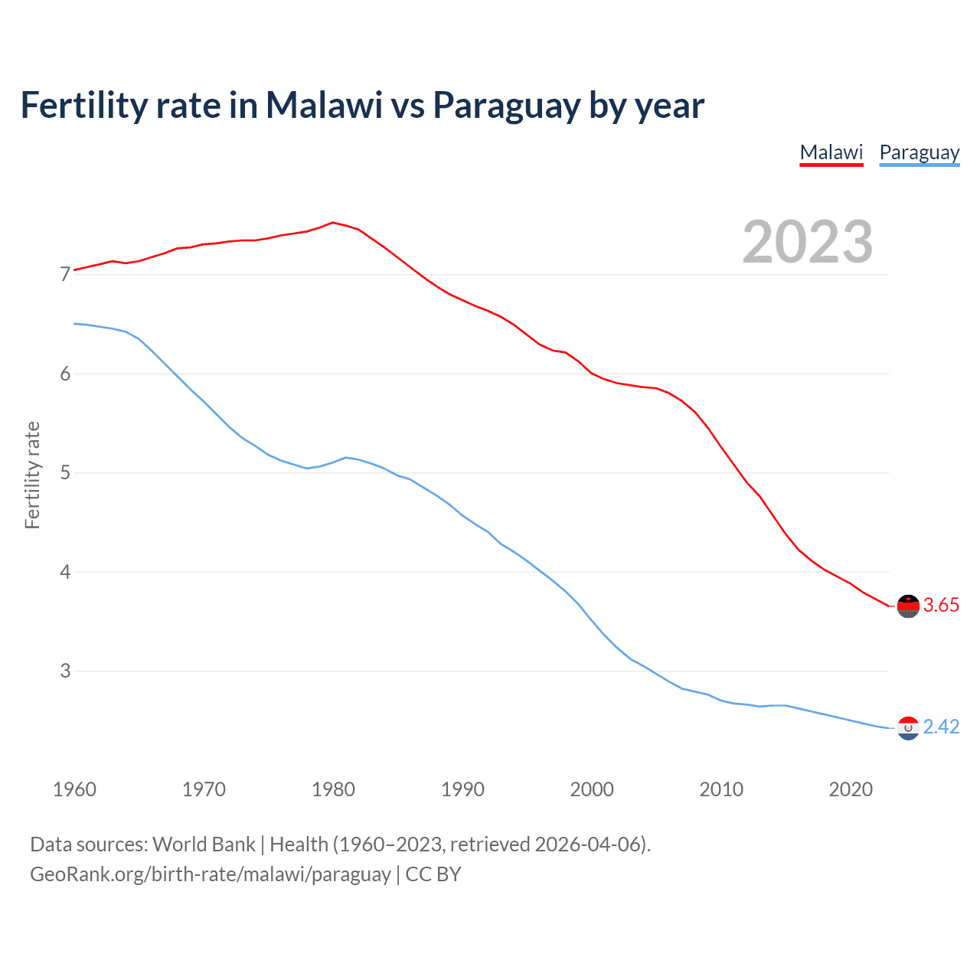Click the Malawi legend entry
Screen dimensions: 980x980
[831, 152]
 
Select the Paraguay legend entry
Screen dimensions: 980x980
[919, 152]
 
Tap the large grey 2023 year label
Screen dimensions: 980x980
[807, 242]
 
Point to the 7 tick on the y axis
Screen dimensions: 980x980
[65, 274]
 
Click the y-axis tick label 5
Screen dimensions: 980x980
[65, 472]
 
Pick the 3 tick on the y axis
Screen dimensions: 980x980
[65, 671]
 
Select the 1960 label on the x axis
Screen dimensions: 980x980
[74, 789]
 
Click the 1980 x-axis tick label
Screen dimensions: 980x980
[333, 789]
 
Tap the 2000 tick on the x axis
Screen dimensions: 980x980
[592, 789]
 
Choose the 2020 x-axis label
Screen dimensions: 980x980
[851, 789]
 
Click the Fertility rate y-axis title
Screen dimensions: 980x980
[32, 475]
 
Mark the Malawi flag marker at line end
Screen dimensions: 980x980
[908, 606]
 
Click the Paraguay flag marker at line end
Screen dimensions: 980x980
[908, 728]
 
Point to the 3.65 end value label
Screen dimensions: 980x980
[941, 606]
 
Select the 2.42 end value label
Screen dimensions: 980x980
[941, 727]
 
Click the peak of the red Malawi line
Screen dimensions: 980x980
[332, 223]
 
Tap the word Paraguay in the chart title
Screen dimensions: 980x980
[506, 106]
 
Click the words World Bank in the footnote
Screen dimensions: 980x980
[204, 844]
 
